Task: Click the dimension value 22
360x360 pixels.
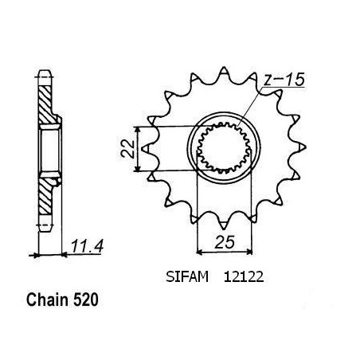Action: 127,149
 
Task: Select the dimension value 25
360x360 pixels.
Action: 225,242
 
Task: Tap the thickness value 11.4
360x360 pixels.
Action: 87,246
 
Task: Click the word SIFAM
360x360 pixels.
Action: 187,277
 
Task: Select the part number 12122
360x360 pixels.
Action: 244,277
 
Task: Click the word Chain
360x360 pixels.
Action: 47,299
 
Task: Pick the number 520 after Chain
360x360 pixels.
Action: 85,299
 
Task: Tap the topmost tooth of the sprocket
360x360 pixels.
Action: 224,70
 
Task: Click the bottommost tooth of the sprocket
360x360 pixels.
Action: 224,225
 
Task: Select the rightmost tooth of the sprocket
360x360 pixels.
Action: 302,147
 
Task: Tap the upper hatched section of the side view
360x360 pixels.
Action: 45,105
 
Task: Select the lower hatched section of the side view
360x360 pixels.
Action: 45,196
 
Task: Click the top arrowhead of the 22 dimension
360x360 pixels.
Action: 137,129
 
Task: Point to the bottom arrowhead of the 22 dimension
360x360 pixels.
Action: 137,169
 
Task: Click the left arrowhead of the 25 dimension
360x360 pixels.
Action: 199,251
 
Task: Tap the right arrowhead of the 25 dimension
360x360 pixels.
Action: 248,251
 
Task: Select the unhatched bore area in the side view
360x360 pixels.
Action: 49,151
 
